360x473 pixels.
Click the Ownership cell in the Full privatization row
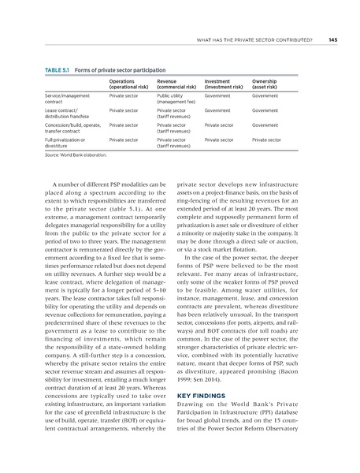[x=266, y=140]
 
